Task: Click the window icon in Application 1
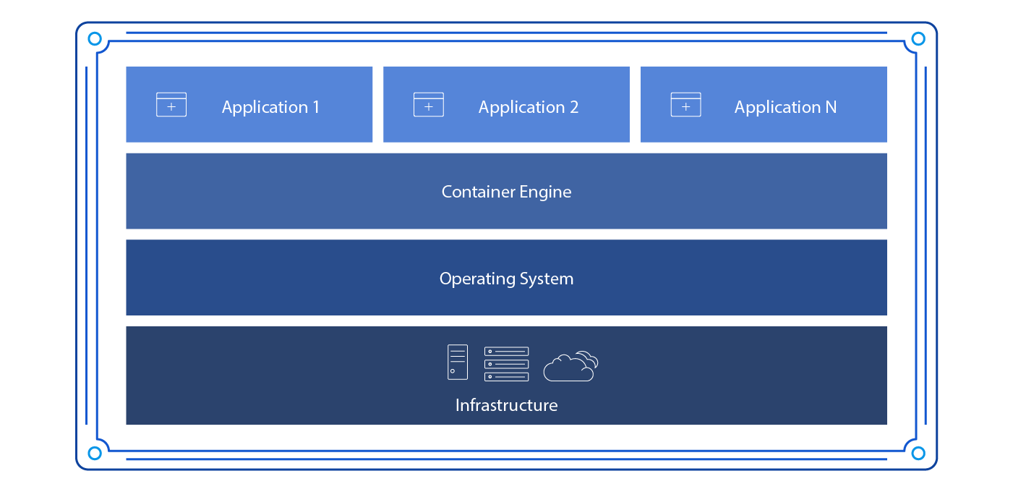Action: (x=171, y=105)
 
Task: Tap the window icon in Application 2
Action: (x=429, y=105)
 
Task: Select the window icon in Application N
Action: (x=685, y=105)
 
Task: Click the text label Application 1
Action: (x=270, y=108)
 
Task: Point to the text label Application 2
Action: (x=528, y=108)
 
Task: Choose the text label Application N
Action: (x=785, y=108)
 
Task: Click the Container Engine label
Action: (x=506, y=192)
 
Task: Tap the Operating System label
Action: (x=506, y=279)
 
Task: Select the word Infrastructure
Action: (x=506, y=405)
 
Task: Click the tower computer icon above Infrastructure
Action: (x=457, y=362)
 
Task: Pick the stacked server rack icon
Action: (x=506, y=363)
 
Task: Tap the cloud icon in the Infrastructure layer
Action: (x=570, y=366)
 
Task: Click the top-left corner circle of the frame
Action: (x=94, y=39)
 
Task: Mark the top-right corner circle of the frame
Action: (x=918, y=39)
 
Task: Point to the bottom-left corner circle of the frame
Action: (x=94, y=453)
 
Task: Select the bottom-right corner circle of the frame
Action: (x=918, y=453)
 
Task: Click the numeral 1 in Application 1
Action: (x=315, y=108)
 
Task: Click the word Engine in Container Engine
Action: (x=545, y=192)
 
